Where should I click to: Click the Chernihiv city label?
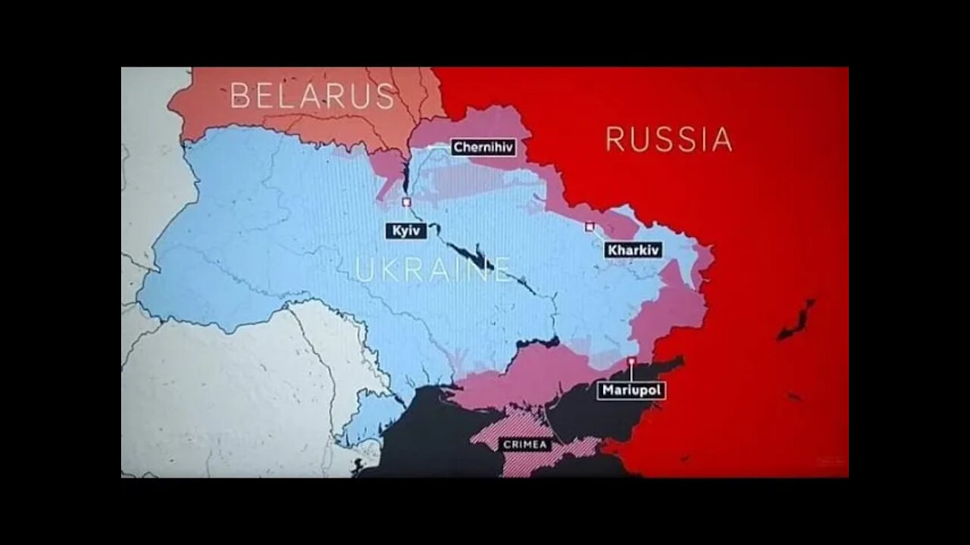pyautogui.click(x=483, y=148)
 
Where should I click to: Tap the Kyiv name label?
pyautogui.click(x=406, y=231)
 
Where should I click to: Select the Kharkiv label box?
pyautogui.click(x=634, y=250)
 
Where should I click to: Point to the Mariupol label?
pyautogui.click(x=631, y=391)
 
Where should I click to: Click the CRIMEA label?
pyautogui.click(x=527, y=444)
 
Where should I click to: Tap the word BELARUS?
pyautogui.click(x=312, y=96)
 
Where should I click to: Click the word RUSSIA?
pyautogui.click(x=669, y=139)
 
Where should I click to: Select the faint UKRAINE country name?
pyautogui.click(x=433, y=269)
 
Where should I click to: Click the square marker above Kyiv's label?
pyautogui.click(x=406, y=202)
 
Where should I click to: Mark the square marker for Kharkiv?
pyautogui.click(x=590, y=226)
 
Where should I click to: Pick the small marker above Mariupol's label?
pyautogui.click(x=631, y=361)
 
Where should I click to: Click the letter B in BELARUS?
pyautogui.click(x=239, y=96)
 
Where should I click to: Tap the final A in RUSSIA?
pyautogui.click(x=722, y=139)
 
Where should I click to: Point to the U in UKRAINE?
pyautogui.click(x=365, y=269)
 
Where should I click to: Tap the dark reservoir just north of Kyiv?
pyautogui.click(x=405, y=179)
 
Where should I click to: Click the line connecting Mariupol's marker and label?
pyautogui.click(x=631, y=373)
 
